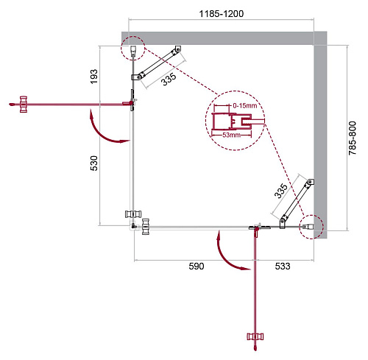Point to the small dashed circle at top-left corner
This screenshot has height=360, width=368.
click(x=133, y=49)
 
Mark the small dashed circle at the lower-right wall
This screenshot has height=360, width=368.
click(x=310, y=227)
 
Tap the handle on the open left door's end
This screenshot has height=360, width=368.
click(x=24, y=105)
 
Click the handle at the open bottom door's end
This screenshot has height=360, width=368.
click(x=256, y=337)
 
